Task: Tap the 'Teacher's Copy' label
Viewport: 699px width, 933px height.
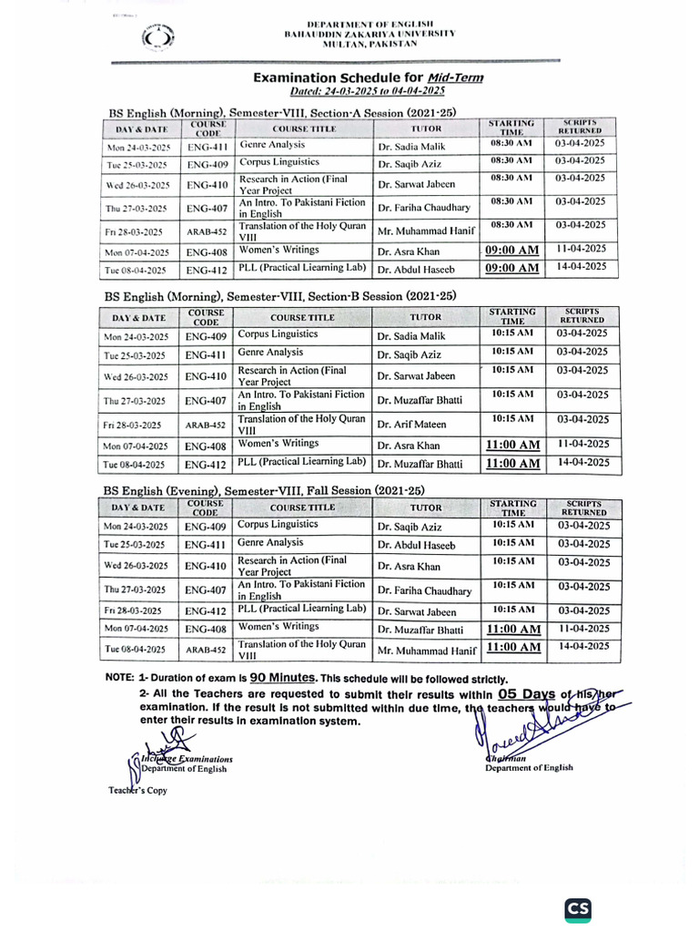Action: (x=136, y=790)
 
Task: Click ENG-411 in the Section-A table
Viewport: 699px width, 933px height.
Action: (x=207, y=147)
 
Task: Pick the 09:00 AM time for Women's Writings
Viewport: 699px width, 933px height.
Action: (x=512, y=250)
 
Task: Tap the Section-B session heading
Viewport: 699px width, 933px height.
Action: (x=280, y=296)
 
